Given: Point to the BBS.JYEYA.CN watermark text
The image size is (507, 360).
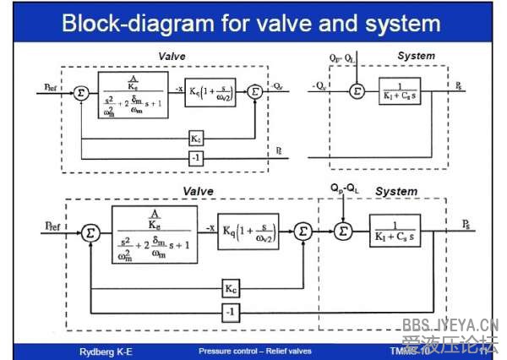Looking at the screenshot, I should tap(450, 325).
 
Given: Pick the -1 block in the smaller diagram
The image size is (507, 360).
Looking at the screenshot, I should tap(195, 157).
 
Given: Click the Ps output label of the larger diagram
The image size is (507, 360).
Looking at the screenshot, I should tap(467, 223).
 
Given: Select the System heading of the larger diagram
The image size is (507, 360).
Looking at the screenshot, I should tap(396, 191).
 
